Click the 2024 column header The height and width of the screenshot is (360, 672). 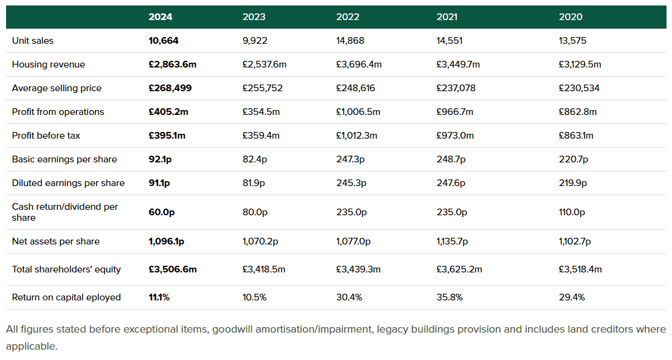point(161,17)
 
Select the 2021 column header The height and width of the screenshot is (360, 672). point(447,17)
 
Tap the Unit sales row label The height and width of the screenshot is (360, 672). point(33,41)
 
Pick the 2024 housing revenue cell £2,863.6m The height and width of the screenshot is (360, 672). point(173,64)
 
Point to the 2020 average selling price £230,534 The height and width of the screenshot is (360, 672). point(579,88)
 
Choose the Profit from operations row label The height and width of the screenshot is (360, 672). point(58,112)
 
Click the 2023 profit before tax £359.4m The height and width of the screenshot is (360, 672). point(261,136)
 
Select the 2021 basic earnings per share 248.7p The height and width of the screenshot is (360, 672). point(451,159)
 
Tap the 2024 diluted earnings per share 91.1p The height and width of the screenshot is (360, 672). point(159,183)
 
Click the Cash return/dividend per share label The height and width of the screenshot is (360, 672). point(64,212)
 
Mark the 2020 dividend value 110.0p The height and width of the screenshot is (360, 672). point(572,212)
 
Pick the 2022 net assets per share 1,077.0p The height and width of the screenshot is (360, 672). point(353,241)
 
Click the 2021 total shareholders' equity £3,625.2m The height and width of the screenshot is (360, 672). point(459,269)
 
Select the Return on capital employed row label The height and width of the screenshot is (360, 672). point(66,297)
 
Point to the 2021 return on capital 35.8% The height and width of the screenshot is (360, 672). point(449,297)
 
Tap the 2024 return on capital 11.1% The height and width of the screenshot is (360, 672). point(159,297)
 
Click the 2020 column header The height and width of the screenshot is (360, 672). point(570,17)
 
